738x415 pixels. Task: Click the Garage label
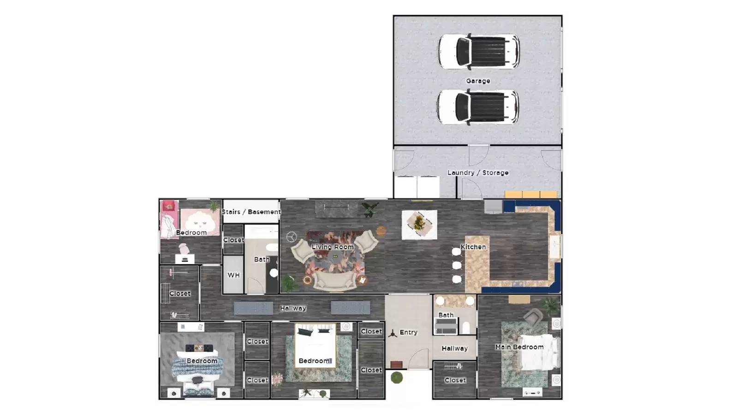478,81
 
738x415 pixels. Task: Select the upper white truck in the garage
478,51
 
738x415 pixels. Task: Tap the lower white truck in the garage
477,107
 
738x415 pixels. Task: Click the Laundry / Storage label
478,172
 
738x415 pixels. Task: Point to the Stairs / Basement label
251,212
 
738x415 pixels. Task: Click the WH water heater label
233,275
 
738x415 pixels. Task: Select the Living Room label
333,247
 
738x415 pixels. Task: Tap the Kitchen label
473,247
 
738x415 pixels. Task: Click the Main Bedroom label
519,347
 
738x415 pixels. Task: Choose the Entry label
408,332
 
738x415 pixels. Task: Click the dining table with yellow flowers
419,225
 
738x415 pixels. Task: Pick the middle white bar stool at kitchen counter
457,265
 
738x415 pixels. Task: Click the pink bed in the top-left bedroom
200,220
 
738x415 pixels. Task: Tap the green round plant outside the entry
397,378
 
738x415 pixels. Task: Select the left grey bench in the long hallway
253,308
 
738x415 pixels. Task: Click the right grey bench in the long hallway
351,308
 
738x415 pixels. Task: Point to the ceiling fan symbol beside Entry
393,333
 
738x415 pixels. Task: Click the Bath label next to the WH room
262,259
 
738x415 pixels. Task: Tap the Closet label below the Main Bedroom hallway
455,380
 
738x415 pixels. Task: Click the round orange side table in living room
381,231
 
